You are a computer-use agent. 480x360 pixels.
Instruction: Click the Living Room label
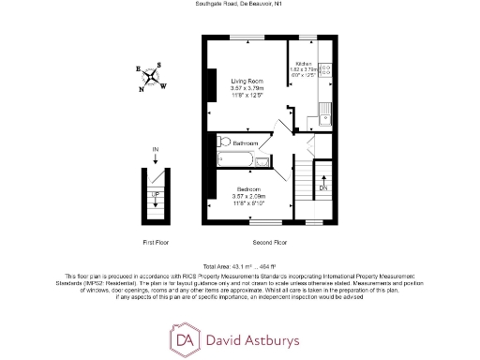(246, 82)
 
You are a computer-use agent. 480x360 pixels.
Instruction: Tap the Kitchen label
(303, 64)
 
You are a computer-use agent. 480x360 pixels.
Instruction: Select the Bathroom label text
(246, 142)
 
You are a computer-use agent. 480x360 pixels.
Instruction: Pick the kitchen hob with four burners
(325, 69)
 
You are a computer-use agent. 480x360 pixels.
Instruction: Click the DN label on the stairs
(322, 187)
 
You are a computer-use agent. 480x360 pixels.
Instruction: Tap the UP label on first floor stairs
(156, 194)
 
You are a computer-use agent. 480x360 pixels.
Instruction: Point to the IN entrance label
(156, 151)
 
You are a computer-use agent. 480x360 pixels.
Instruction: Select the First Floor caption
(155, 242)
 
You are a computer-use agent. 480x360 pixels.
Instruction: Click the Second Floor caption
(268, 242)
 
